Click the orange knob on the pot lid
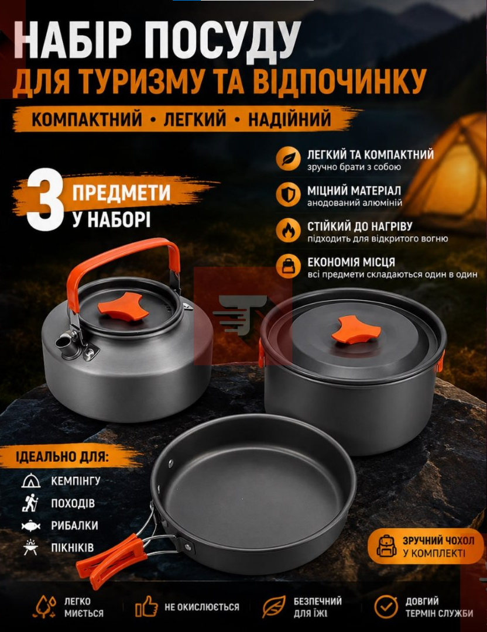click(x=355, y=330)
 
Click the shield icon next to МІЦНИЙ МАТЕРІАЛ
click(x=289, y=194)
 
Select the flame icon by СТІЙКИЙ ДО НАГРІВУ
click(x=289, y=230)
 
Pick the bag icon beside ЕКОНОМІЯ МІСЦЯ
click(x=289, y=266)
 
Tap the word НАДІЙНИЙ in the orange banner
click(x=290, y=119)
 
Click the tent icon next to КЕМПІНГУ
click(x=31, y=481)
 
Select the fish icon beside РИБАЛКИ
click(x=31, y=525)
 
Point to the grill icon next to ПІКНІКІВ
click(x=31, y=547)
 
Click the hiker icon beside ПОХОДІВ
click(x=30, y=503)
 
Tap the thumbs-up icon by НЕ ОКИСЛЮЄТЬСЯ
click(x=146, y=607)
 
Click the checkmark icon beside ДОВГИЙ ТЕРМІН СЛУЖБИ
click(x=386, y=607)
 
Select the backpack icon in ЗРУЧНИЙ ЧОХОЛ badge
click(x=386, y=546)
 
